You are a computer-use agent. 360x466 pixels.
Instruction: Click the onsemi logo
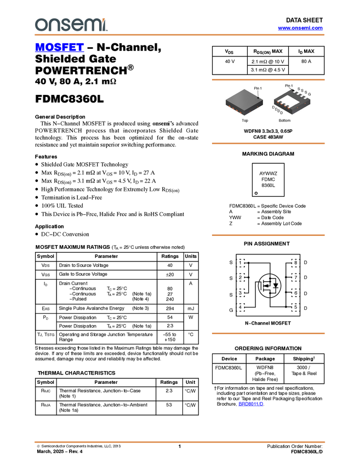(x=71, y=25)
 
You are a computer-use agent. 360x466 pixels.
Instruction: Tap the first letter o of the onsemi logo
(x=40, y=25)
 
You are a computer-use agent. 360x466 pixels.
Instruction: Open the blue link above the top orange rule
(x=300, y=28)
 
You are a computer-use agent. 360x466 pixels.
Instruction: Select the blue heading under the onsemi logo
(x=59, y=48)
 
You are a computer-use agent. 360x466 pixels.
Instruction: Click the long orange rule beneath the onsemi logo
(x=180, y=35)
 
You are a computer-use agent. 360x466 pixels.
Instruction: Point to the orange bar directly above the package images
(x=268, y=80)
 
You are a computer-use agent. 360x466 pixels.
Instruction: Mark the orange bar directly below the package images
(x=268, y=143)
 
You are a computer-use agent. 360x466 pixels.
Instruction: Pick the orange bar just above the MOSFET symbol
(x=268, y=235)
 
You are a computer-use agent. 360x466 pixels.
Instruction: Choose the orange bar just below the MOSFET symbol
(x=268, y=333)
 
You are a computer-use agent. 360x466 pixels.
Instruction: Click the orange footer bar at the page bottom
(x=180, y=441)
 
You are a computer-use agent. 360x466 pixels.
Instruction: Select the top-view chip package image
(x=244, y=102)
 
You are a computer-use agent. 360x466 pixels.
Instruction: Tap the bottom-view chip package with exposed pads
(x=292, y=102)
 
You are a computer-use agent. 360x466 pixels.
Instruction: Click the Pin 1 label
(x=258, y=88)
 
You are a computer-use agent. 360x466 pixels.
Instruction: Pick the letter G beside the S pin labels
(x=310, y=95)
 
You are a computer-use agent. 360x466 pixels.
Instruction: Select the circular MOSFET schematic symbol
(x=270, y=286)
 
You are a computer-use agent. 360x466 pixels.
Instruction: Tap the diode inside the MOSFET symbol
(x=276, y=286)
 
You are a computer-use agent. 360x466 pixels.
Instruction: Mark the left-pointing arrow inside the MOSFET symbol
(x=265, y=286)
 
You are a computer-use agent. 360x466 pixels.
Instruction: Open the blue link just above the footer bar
(x=251, y=404)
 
